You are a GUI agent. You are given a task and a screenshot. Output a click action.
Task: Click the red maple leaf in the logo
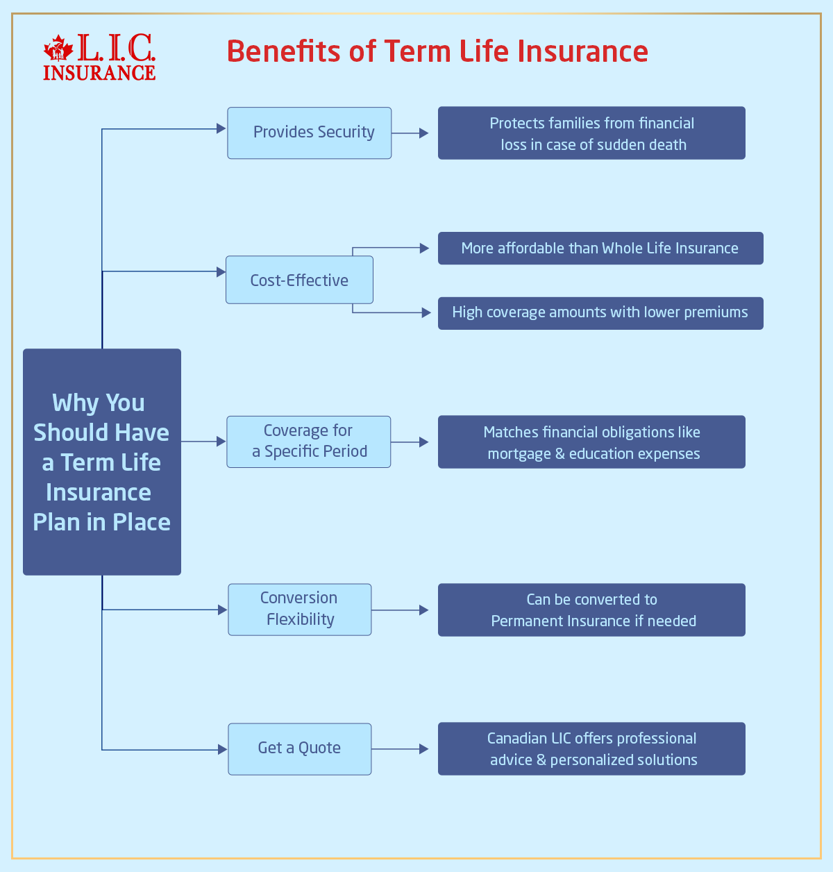point(58,49)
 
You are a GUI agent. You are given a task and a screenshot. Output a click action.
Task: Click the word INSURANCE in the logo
point(99,72)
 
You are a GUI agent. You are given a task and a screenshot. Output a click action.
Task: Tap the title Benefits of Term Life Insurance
point(437,51)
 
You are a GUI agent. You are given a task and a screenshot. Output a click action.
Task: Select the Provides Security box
point(310,133)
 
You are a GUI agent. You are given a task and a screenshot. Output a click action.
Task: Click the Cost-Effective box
point(299,280)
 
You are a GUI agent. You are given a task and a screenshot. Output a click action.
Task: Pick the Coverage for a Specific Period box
point(309,442)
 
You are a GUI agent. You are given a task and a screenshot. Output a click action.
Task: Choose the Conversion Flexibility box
point(300,609)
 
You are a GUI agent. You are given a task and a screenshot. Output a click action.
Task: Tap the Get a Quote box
point(300,748)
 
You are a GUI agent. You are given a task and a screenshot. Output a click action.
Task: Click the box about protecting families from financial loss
point(591,133)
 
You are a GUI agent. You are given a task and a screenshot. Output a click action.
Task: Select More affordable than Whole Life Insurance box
point(600,249)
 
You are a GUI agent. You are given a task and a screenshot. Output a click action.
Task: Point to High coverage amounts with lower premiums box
point(600,313)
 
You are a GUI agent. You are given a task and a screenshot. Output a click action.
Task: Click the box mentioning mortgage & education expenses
point(591,442)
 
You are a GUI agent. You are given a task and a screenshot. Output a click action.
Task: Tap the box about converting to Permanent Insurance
point(591,610)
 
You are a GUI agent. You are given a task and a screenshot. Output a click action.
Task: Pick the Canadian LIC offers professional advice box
point(591,749)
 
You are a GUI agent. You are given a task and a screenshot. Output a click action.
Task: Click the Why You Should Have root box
point(102,462)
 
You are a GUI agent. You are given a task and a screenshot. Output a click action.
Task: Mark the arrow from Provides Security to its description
point(411,133)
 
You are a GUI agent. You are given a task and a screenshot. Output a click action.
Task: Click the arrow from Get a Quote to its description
point(401,749)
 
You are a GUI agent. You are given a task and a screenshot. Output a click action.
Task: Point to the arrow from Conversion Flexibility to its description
point(401,610)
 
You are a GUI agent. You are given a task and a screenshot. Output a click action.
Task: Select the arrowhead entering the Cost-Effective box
point(221,272)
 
